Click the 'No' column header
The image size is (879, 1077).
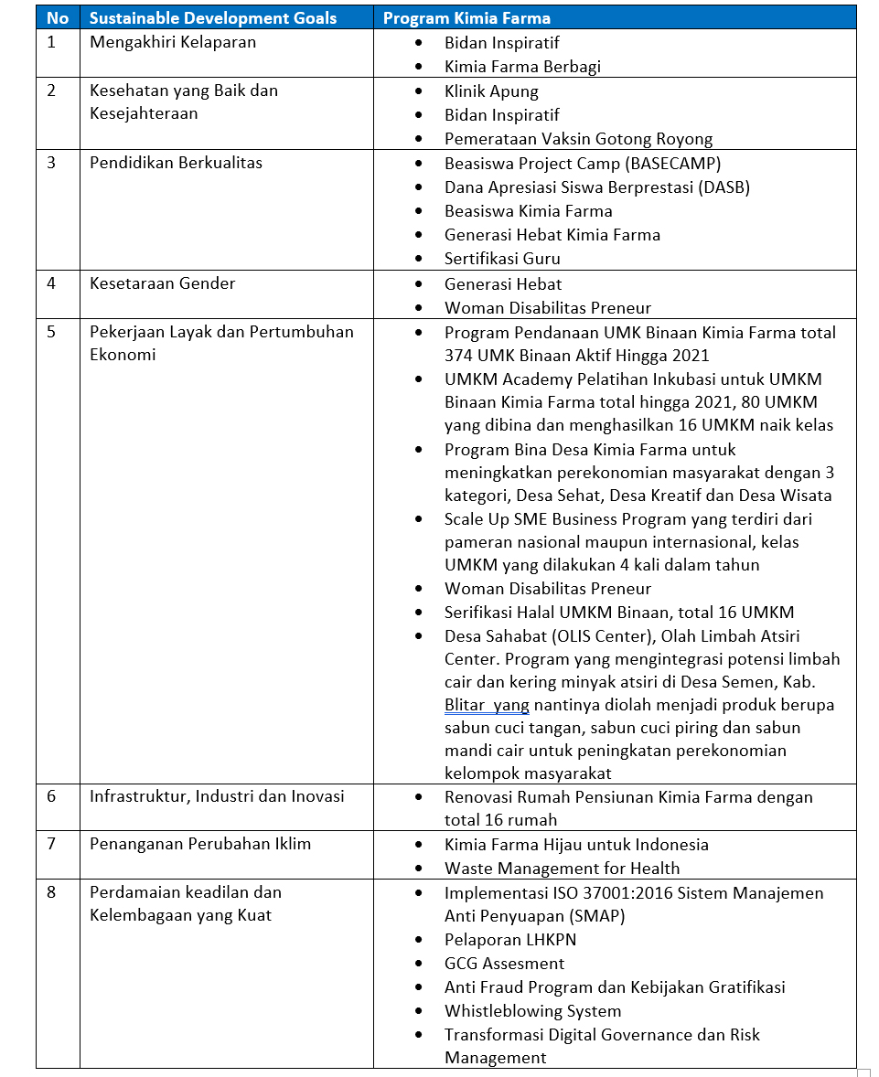pos(58,18)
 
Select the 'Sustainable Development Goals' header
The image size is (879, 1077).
pos(213,18)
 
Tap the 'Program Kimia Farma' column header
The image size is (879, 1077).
pos(466,18)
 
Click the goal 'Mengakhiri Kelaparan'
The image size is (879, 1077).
pos(173,42)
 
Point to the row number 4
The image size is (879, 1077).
pos(51,283)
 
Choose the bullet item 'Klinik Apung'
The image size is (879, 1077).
pos(491,91)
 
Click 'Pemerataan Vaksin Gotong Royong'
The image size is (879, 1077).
pos(578,139)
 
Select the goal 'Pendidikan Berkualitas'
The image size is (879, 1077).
pos(176,163)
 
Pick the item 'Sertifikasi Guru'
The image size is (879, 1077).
pos(502,259)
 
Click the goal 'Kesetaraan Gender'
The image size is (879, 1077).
pos(163,283)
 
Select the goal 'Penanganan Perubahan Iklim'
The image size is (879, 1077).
pos(200,844)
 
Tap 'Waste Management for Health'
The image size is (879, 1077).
pos(562,869)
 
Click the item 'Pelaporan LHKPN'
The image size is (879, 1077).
pos(510,940)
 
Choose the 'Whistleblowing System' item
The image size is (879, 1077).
pos(532,1011)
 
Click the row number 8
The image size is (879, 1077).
pos(51,892)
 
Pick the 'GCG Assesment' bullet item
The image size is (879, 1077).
pos(504,964)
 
